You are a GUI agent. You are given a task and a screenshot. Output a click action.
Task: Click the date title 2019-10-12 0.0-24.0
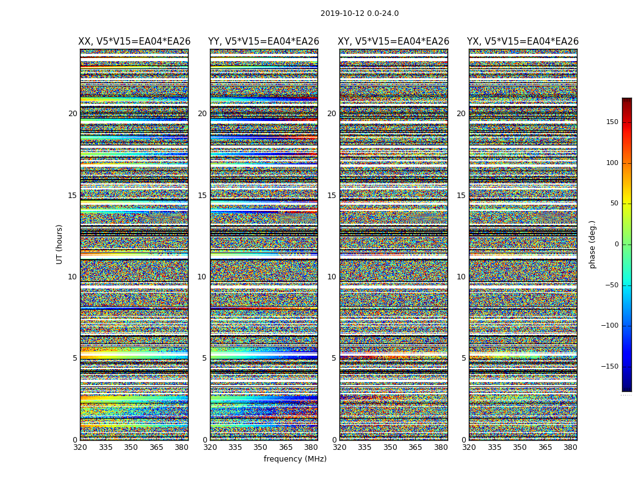click(x=359, y=13)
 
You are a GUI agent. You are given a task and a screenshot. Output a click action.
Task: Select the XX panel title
click(x=134, y=42)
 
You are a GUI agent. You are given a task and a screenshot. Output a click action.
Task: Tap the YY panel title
click(x=264, y=42)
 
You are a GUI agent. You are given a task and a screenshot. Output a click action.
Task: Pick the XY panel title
click(x=393, y=42)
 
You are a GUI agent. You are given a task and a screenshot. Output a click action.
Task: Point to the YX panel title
click(x=523, y=42)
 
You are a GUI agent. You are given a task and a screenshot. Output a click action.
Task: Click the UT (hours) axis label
click(x=59, y=244)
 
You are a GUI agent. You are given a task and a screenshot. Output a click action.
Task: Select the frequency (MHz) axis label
click(x=295, y=459)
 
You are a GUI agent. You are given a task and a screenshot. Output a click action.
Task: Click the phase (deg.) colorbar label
click(x=592, y=244)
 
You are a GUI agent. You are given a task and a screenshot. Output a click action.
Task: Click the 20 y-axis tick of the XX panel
click(x=73, y=114)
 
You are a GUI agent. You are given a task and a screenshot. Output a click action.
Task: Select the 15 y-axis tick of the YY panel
click(x=202, y=196)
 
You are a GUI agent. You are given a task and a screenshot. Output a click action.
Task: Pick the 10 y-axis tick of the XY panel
click(x=331, y=277)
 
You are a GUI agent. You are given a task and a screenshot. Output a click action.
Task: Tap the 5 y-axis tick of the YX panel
click(x=463, y=358)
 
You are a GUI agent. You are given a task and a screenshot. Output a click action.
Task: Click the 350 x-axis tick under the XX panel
click(x=131, y=447)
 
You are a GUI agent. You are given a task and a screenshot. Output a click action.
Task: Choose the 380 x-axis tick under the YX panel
click(x=570, y=447)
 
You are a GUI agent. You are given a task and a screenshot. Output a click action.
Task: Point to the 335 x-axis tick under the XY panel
click(x=364, y=447)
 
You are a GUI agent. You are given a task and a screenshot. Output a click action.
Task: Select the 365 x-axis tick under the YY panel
click(x=286, y=447)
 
